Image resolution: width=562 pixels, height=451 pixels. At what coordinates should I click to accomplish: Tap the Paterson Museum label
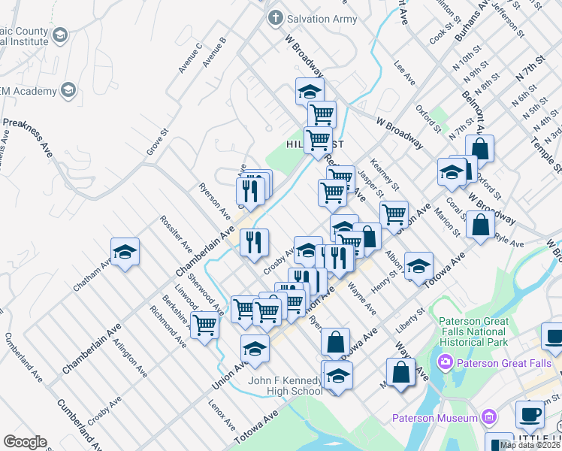[x=435, y=418]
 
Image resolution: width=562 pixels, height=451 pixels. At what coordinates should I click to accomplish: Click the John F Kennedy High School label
[x=286, y=386]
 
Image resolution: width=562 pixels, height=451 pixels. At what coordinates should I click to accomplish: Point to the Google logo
[x=26, y=441]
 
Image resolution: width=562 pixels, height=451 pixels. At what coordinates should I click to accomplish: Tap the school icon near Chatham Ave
[x=125, y=253]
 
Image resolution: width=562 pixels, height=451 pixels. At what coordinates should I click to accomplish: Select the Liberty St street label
[x=410, y=319]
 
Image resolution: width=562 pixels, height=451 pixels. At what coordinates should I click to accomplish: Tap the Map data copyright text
[x=530, y=445]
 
